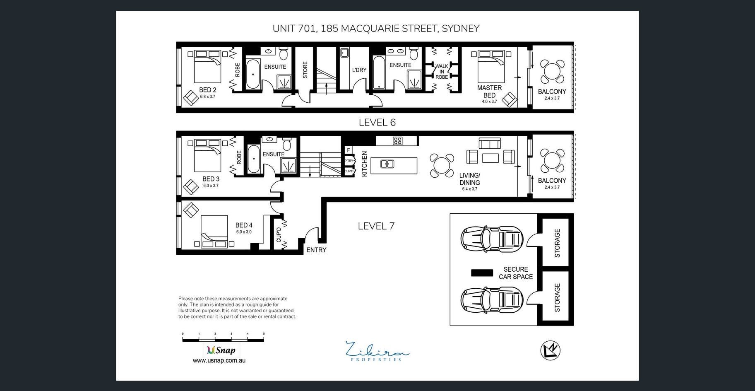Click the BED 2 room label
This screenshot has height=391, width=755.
[x=208, y=90]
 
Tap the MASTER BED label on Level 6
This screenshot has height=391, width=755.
[x=489, y=92]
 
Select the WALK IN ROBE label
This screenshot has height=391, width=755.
[x=442, y=72]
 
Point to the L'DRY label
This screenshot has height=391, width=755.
[x=359, y=70]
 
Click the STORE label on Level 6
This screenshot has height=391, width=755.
[x=305, y=70]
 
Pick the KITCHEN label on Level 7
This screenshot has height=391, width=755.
[x=364, y=164]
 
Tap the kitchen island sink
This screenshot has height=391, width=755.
[x=387, y=164]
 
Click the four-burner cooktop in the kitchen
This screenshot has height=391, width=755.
[x=398, y=141]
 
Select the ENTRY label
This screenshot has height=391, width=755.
[x=316, y=250]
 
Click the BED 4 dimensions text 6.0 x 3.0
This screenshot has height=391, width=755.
[x=244, y=232]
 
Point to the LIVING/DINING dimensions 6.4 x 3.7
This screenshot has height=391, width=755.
[x=470, y=189]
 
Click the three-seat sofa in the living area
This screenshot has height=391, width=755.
[x=490, y=143]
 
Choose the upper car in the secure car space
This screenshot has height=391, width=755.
[x=492, y=239]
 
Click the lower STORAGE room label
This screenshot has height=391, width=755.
[x=557, y=297]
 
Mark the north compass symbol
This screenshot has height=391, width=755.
[x=551, y=351]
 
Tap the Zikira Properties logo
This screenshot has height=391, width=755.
[x=377, y=351]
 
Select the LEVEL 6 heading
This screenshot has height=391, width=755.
[x=377, y=123]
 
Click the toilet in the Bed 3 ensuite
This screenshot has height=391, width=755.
[x=287, y=144]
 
